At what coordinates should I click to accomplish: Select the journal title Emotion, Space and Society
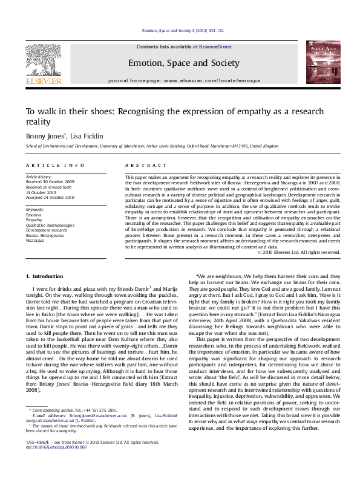183,63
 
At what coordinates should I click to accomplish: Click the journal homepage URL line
183,80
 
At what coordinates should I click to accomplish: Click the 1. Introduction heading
45,276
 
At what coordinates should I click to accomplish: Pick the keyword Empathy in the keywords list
34,220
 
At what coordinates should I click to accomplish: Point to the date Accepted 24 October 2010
50,197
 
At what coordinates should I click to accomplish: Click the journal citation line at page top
183,30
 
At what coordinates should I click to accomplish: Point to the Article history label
39,175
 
